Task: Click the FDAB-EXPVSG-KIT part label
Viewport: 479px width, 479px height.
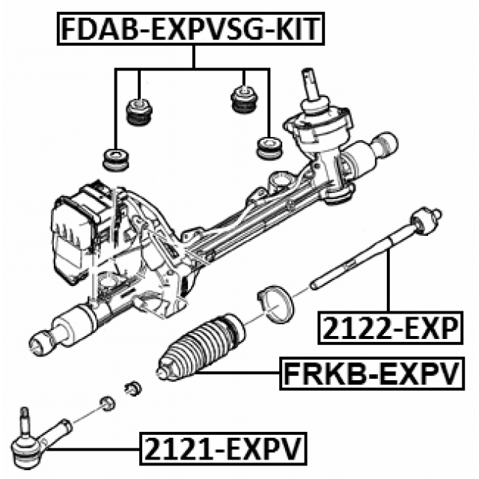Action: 193,29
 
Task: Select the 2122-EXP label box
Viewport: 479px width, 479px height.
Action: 389,328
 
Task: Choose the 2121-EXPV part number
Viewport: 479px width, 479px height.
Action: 221,450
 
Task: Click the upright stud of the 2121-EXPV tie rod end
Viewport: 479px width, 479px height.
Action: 25,418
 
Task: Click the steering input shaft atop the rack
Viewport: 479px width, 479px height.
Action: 311,82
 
